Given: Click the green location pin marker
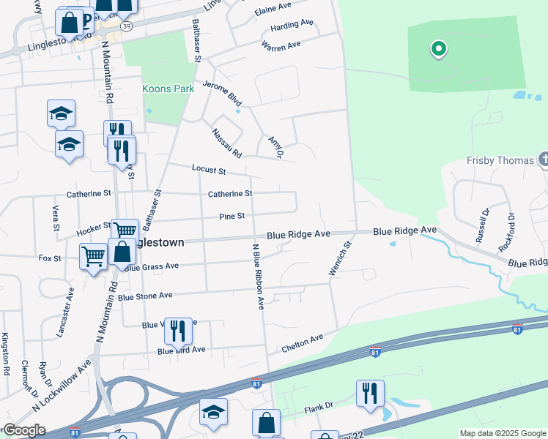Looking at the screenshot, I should (x=438, y=50).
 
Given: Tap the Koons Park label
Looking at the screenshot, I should (x=168, y=89).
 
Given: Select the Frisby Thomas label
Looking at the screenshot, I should (x=502, y=160).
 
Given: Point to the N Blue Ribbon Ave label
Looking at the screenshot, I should (x=257, y=277).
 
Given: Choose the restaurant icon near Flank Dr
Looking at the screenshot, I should (x=370, y=393).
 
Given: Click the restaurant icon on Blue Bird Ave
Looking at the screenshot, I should (x=178, y=331).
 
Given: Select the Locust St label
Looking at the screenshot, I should (x=209, y=170).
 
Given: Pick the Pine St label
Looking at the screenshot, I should (x=232, y=216).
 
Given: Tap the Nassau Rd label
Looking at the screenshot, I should (x=226, y=143).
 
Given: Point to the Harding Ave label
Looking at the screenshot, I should (x=292, y=25).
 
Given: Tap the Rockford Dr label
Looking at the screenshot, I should (x=507, y=233).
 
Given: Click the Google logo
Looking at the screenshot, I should (x=23, y=430).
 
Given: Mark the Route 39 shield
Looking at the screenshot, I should (x=127, y=26).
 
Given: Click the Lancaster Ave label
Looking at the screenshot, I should (x=65, y=312).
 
